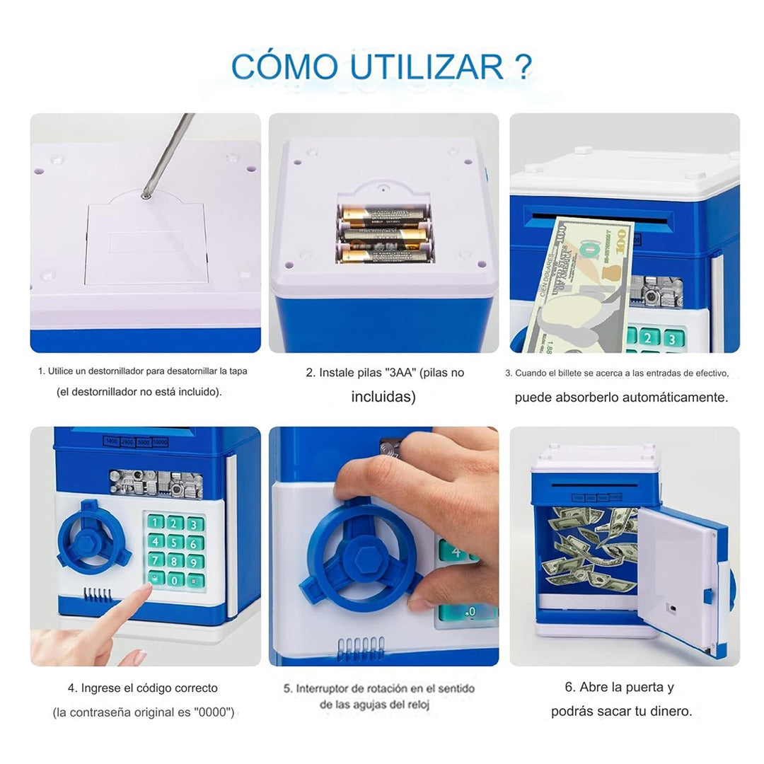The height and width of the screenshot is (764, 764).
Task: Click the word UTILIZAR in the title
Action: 427,66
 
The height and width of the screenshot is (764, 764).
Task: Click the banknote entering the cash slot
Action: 580,283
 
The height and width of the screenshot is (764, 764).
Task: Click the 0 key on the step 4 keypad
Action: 175,579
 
